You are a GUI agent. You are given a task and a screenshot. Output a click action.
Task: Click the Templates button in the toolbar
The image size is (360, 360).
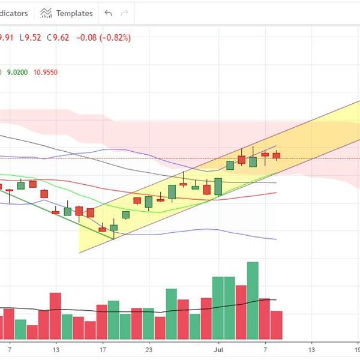67,13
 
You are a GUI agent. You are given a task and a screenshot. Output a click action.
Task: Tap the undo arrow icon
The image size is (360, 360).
108,13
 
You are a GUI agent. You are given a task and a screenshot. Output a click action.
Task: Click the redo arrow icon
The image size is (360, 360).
124,13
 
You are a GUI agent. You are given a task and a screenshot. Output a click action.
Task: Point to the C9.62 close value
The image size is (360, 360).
58,37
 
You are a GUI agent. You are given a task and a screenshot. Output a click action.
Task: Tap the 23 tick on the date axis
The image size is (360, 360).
149,349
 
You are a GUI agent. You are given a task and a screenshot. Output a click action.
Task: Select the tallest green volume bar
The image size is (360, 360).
253,300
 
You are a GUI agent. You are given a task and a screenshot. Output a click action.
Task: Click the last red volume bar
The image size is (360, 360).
276,325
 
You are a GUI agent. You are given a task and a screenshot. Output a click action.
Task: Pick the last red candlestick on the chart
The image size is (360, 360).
276,156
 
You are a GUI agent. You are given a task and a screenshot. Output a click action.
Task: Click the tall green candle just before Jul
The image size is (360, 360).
218,186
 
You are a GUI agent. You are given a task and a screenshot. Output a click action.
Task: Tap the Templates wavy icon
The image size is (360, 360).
46,13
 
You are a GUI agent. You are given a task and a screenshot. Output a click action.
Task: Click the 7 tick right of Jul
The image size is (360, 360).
265,349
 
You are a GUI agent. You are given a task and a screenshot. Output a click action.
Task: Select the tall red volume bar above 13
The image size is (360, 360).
55,316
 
